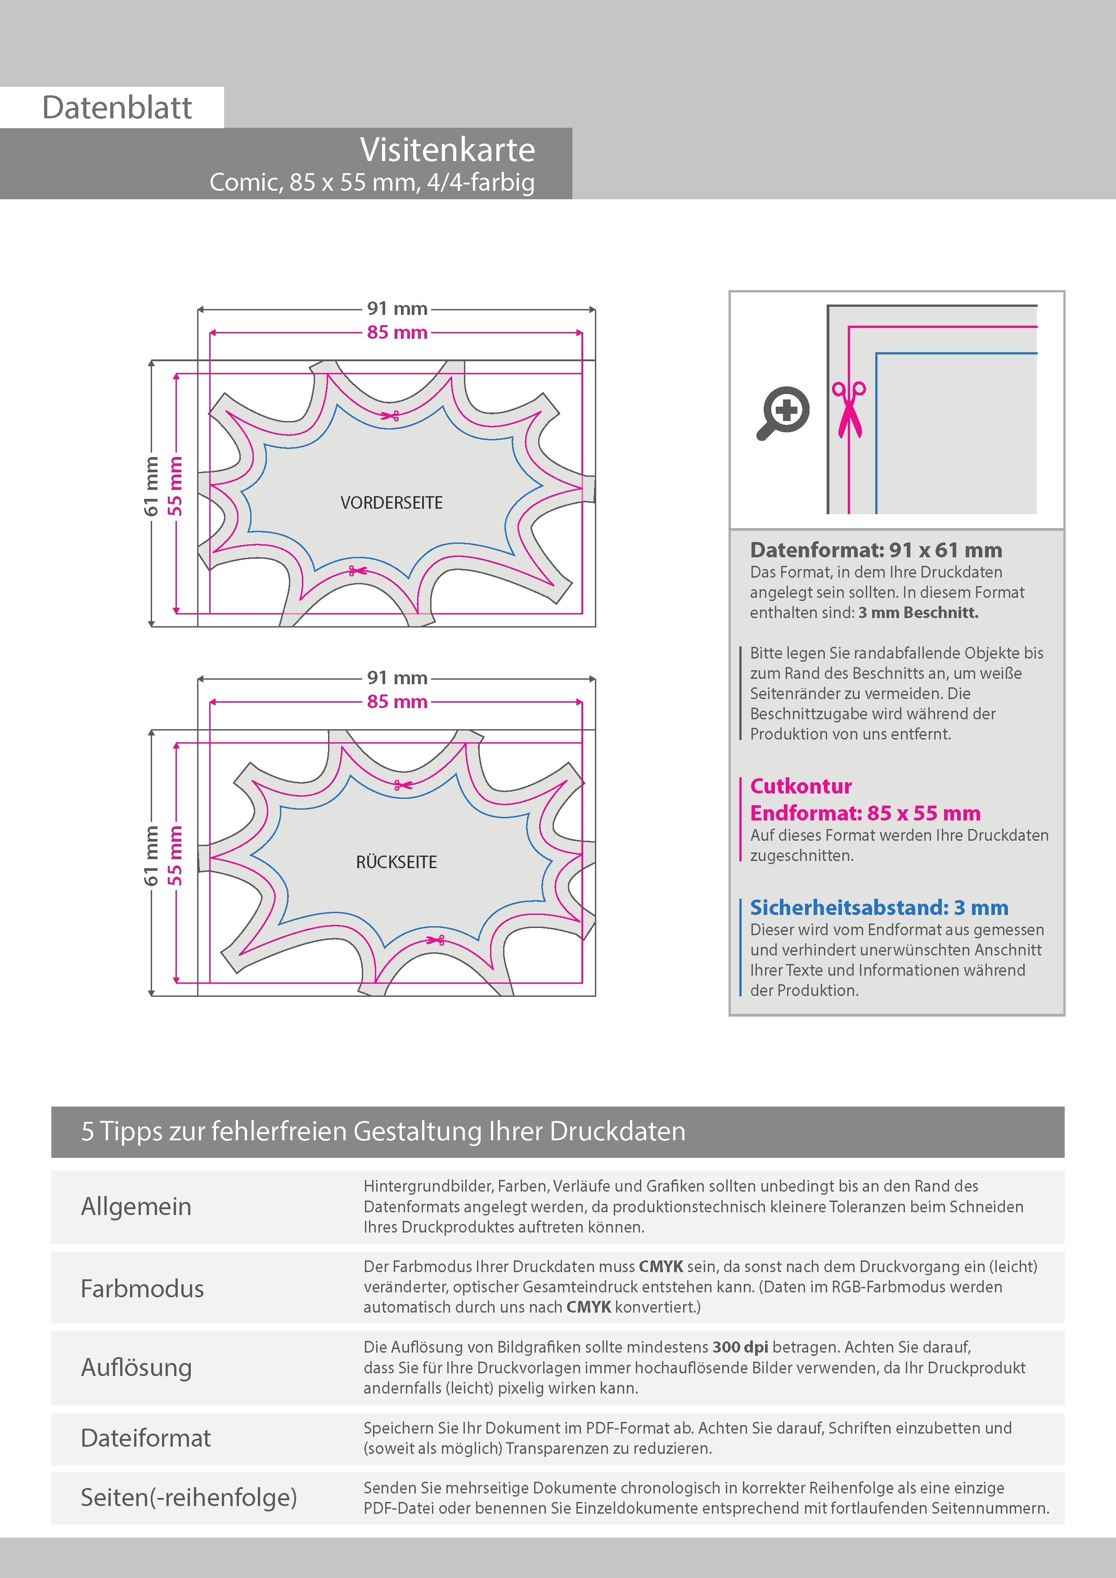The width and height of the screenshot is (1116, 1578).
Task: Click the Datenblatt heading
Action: (x=117, y=107)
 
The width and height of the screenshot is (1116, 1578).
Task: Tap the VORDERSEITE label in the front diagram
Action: (x=391, y=502)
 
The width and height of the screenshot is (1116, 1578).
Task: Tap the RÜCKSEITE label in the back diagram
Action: (x=396, y=862)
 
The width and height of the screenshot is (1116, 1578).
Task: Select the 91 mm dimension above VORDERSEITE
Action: (x=397, y=309)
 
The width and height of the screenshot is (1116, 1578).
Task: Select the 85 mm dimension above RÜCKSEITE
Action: (x=397, y=702)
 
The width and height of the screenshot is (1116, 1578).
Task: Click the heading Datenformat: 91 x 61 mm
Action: (x=875, y=550)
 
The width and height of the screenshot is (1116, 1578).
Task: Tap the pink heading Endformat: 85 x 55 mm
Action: (x=865, y=813)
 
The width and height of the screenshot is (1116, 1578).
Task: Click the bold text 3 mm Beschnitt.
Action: (x=918, y=612)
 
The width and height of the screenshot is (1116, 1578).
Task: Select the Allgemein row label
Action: (x=136, y=1206)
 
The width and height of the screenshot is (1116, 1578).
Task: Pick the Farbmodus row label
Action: (x=142, y=1288)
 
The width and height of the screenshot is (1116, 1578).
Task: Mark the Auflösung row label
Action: (x=136, y=1367)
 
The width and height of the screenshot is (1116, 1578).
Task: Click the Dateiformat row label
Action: (x=146, y=1438)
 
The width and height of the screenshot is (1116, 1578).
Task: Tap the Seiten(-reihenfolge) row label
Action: (x=189, y=1497)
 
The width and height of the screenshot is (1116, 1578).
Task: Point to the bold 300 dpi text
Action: (x=740, y=1347)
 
